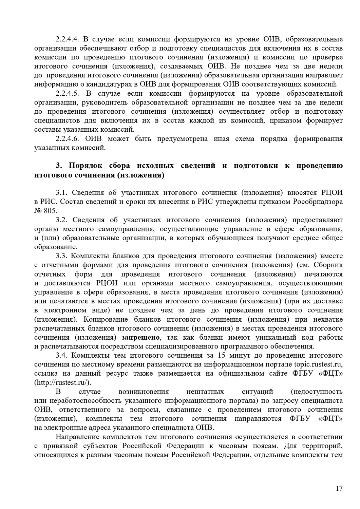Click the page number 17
click(339, 489)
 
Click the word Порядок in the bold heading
click(86, 166)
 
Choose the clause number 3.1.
click(62, 193)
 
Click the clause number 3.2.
click(62, 220)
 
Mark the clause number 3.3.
click(62, 256)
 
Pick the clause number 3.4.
click(62, 356)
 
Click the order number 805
click(48, 211)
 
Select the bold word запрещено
click(141, 337)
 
